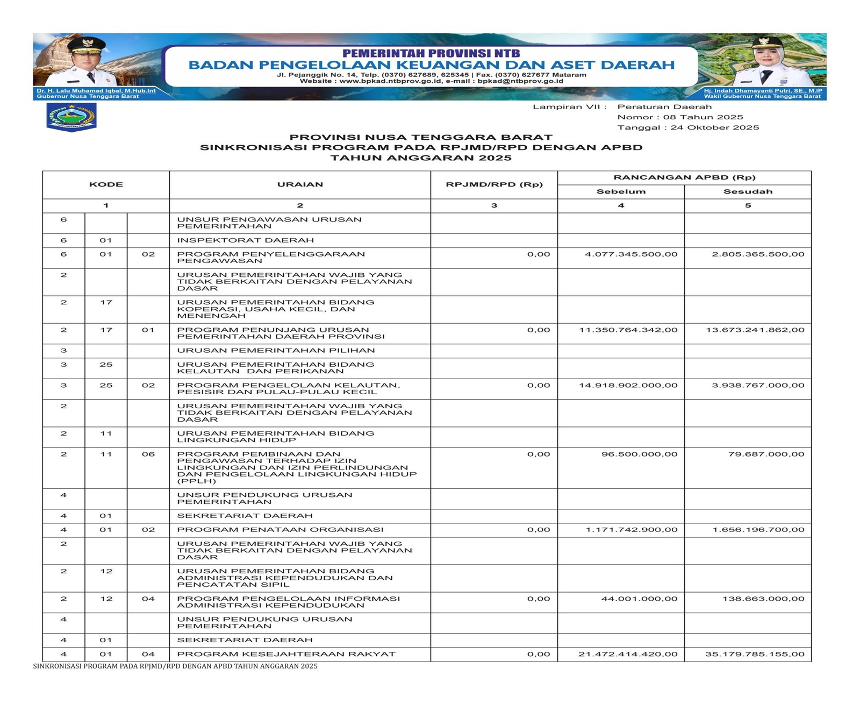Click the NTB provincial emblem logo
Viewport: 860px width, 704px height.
tap(71, 117)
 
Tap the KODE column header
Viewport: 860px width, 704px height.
tap(106, 184)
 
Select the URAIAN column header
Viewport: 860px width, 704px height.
tap(300, 184)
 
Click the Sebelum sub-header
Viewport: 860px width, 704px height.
tap(621, 191)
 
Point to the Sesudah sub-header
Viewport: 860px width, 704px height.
tap(748, 191)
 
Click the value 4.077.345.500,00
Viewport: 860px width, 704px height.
tap(631, 254)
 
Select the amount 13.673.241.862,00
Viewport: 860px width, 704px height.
tap(755, 330)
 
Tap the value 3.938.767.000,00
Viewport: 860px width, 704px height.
tap(758, 385)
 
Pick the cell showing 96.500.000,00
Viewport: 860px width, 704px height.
tap(639, 454)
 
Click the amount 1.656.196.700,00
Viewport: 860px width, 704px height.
tap(758, 530)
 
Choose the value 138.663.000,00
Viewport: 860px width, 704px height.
tap(763, 599)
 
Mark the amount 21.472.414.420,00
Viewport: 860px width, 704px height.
tap(628, 654)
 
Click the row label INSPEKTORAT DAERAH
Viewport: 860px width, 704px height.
tap(246, 240)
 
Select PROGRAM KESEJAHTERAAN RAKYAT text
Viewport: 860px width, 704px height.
tap(286, 654)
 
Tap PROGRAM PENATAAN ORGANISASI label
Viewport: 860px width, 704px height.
tap(280, 530)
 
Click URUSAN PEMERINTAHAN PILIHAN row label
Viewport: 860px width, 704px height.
tap(276, 351)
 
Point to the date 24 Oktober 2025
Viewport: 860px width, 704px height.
tap(715, 127)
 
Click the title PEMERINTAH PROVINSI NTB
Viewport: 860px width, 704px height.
tap(431, 53)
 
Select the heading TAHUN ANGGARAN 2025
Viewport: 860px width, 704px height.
tap(421, 158)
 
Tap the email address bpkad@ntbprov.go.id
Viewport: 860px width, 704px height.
tap(520, 81)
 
